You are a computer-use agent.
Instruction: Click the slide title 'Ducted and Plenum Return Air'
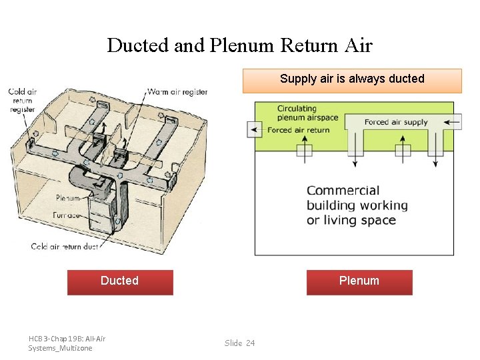[239, 45]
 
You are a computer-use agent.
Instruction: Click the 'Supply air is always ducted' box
[352, 79]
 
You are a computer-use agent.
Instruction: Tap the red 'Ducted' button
[120, 281]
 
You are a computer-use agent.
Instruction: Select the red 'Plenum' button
[359, 281]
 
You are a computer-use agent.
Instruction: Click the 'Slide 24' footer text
[239, 343]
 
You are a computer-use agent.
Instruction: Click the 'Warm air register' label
[177, 92]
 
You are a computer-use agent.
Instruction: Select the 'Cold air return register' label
[22, 101]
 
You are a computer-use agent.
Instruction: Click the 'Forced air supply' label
[396, 122]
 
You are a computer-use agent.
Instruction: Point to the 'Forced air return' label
[298, 130]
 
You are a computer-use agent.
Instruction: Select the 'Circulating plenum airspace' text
[307, 113]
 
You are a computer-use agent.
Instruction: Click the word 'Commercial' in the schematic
[343, 191]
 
